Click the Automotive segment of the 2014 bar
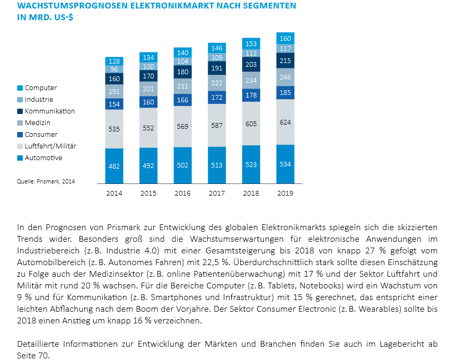(114, 165)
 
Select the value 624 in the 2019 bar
(285, 122)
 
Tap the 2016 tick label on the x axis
(182, 194)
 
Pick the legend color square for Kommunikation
(20, 111)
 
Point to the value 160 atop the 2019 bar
(285, 38)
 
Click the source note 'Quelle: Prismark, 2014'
(46, 181)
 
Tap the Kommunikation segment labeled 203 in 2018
(251, 65)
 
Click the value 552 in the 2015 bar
(148, 128)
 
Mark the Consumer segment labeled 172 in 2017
(217, 98)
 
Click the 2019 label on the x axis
(285, 194)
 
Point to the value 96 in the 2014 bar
(114, 69)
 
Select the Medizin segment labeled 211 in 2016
(182, 86)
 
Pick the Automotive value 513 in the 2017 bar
(217, 165)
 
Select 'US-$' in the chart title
(62, 17)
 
